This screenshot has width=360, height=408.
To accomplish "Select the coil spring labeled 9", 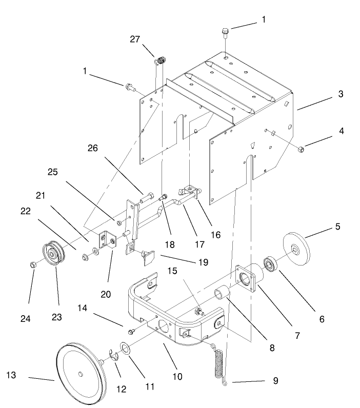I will (x=220, y=364).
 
